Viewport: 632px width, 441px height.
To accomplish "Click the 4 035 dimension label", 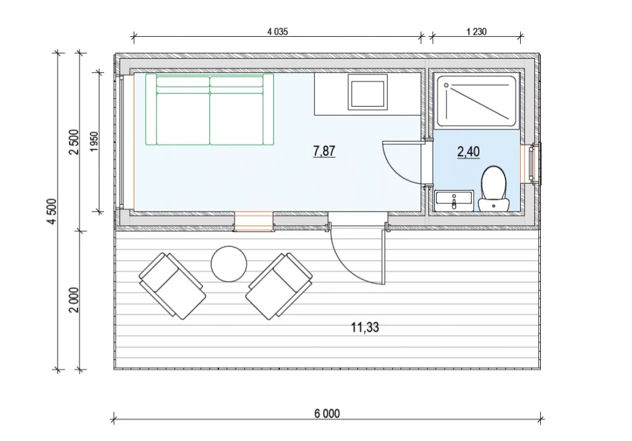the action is click(x=278, y=32).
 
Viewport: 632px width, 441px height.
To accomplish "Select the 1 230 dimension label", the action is click(x=476, y=32).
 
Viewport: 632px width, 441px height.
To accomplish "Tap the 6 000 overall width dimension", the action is click(x=327, y=414).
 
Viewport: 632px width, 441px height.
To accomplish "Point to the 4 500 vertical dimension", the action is click(x=52, y=211).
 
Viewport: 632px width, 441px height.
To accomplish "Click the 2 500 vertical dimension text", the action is click(x=74, y=142).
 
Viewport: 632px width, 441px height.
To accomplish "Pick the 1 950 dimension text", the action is click(x=94, y=142).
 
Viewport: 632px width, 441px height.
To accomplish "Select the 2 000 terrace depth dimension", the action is click(x=74, y=300).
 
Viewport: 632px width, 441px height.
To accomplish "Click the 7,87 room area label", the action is click(x=324, y=151).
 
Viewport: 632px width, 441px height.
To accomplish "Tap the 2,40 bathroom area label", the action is click(x=469, y=152).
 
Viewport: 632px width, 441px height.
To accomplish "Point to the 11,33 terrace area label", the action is click(x=364, y=327).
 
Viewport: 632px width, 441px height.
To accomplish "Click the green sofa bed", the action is click(x=209, y=109).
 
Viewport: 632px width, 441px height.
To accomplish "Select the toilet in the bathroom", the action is click(x=493, y=188).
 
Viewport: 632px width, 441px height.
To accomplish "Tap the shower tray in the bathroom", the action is click(x=476, y=102).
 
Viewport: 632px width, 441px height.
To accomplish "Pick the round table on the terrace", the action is click(x=229, y=264).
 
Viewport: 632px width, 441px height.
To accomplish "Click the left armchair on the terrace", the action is click(x=173, y=286).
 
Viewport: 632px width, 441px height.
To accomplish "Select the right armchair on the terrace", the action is click(x=279, y=286).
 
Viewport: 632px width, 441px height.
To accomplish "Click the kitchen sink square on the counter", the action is click(x=367, y=94).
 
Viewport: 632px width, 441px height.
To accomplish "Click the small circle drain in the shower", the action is click(x=446, y=85).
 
